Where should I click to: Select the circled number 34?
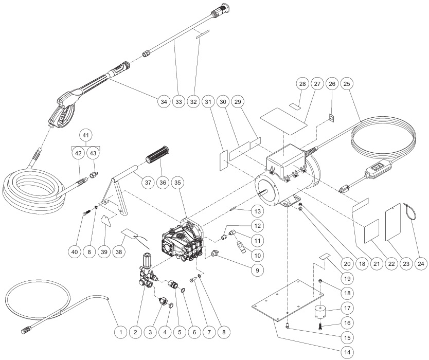click(x=164, y=101)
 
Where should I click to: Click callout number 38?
click(x=121, y=251)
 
